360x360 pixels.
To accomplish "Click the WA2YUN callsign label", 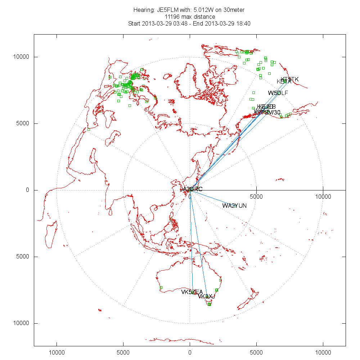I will (234, 206).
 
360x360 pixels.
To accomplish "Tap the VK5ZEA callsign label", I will (192, 292).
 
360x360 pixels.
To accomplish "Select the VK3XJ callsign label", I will (206, 296).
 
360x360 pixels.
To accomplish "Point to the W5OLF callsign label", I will (278, 93).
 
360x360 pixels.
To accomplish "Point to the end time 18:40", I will (243, 24).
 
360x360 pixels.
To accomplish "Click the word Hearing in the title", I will (144, 10).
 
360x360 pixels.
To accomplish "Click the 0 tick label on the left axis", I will (28, 190).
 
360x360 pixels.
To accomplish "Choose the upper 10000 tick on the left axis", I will (22, 57).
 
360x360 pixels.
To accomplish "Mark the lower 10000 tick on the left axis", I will (22, 323).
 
